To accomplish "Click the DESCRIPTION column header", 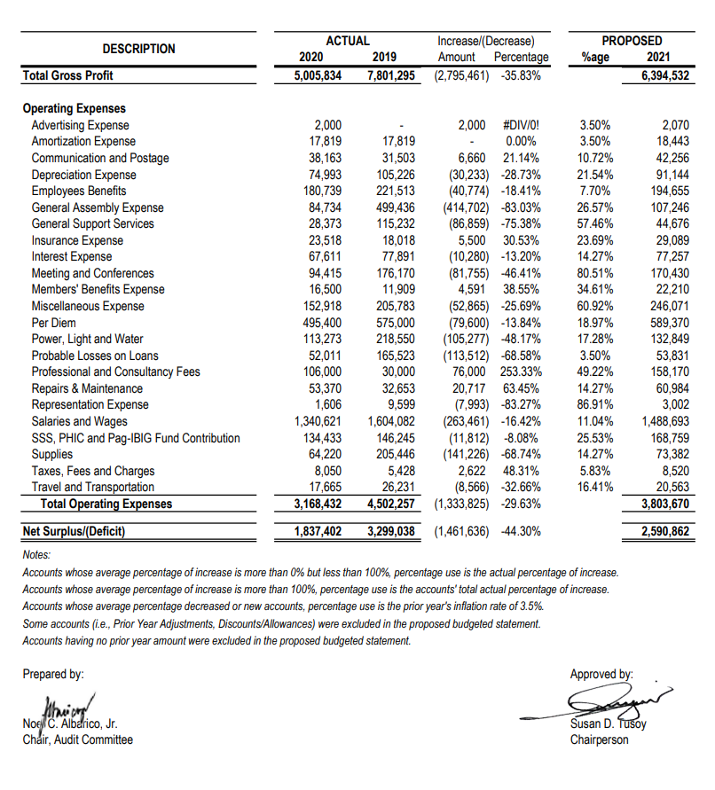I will pos(138,49).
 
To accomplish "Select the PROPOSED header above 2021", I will pos(631,41).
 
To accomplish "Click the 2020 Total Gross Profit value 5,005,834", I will pos(317,75).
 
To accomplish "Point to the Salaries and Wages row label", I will pos(80,421).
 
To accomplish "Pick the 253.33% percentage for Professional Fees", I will pos(522,372).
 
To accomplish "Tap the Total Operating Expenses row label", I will pos(106,505).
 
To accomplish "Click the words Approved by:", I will pos(601,674).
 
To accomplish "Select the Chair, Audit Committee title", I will pos(77,739).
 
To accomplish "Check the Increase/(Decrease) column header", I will pos(486,41).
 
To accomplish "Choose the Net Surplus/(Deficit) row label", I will pos(75,532).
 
